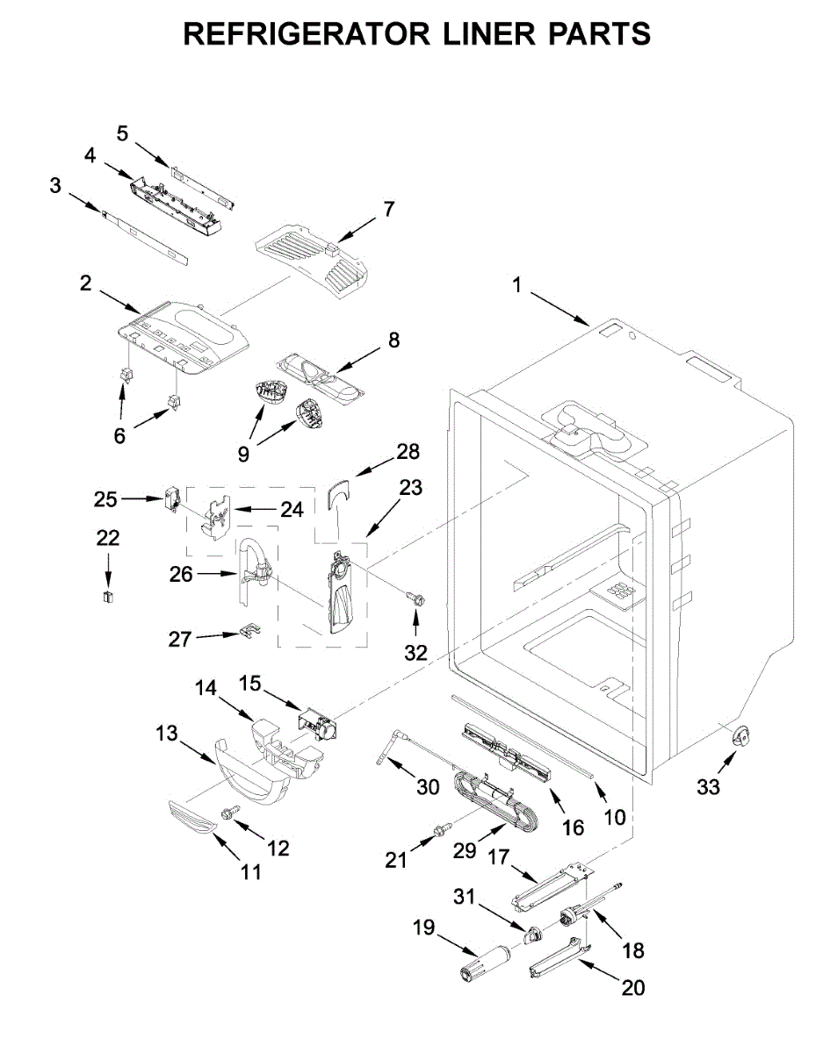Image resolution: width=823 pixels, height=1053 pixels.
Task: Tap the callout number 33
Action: [708, 787]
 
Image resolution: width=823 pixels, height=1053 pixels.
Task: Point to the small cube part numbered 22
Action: [109, 597]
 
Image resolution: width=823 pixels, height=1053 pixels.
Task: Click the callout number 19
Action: [424, 927]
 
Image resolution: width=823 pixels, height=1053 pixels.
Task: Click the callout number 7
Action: [388, 210]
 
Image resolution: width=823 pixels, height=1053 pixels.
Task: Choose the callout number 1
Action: [517, 285]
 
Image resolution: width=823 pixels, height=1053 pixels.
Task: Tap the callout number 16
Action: [573, 827]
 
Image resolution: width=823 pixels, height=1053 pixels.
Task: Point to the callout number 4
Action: [90, 155]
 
